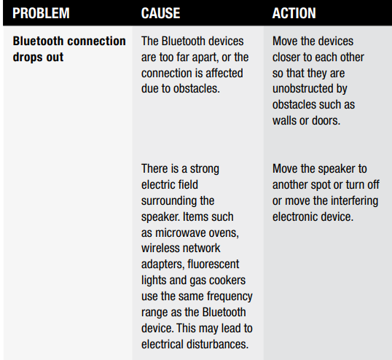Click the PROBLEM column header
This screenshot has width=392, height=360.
(x=41, y=13)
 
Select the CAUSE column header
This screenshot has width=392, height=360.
(x=160, y=13)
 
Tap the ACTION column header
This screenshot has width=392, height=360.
(x=294, y=13)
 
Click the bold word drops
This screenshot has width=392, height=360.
(x=25, y=58)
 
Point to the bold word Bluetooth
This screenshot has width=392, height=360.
(x=38, y=41)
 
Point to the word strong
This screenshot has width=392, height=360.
(x=205, y=169)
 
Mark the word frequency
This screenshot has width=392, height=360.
(x=230, y=297)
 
